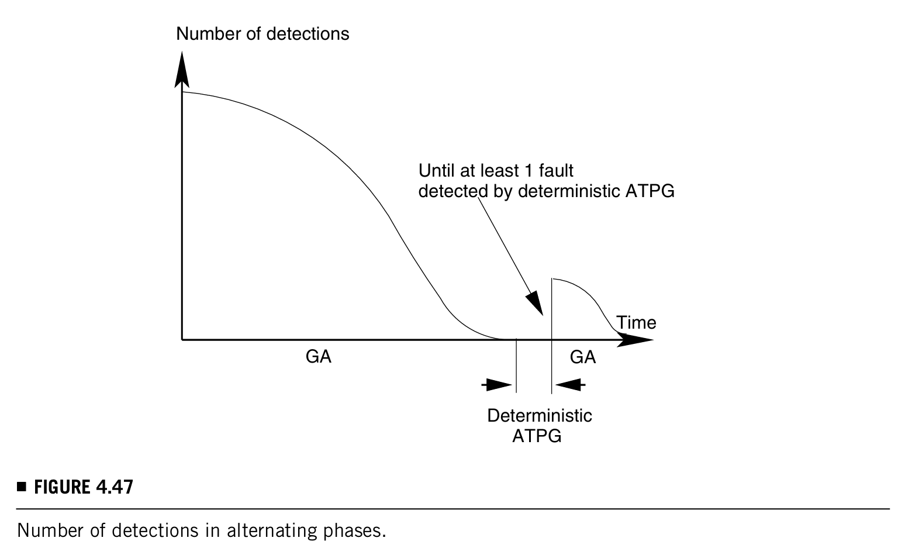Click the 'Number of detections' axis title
tap(262, 34)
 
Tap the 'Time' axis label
tap(636, 323)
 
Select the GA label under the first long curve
tap(319, 357)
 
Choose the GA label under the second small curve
tap(583, 357)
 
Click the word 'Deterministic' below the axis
tap(540, 416)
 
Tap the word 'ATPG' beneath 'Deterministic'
tap(537, 436)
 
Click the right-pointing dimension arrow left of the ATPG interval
tap(498, 385)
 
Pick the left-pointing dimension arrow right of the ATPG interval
tap(569, 385)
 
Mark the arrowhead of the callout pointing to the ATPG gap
tap(535, 304)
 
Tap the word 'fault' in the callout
tap(555, 171)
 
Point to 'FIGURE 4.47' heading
tap(84, 487)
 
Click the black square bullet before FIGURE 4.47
tap(22, 487)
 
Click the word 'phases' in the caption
tap(353, 531)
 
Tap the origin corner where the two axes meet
tap(182, 339)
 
